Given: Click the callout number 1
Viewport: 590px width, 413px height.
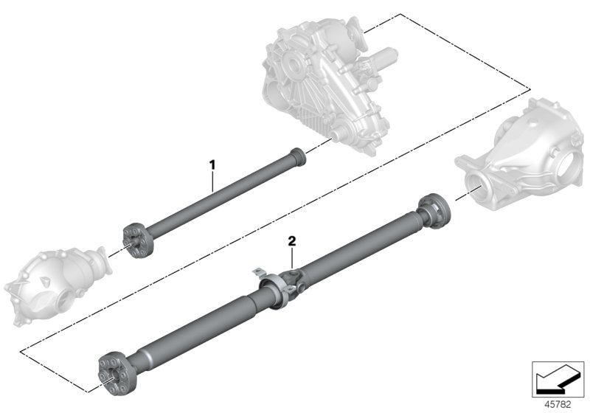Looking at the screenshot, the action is [212, 164].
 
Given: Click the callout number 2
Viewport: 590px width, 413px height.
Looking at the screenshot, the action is [292, 241].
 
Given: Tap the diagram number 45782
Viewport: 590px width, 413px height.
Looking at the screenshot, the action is [558, 404].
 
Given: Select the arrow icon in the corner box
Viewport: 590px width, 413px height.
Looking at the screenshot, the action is [558, 380].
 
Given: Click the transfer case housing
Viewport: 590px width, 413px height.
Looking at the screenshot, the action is [324, 83].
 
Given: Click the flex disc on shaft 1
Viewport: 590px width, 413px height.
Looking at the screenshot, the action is [137, 241].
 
